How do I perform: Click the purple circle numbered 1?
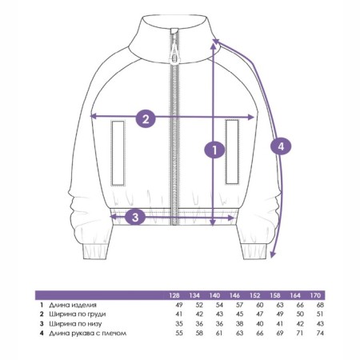[214, 150]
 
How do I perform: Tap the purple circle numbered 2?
[146, 118]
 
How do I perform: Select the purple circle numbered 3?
[135, 217]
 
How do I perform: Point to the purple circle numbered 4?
[281, 146]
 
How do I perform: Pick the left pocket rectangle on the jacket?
[118, 153]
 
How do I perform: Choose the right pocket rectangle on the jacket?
[232, 152]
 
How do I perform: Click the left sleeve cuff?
[95, 251]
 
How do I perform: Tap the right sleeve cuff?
[254, 251]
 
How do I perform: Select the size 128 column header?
[174, 295]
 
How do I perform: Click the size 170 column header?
[315, 295]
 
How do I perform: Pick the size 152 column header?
[255, 295]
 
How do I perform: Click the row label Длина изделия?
[73, 305]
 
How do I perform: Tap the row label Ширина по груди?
[78, 314]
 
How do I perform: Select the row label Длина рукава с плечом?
[87, 334]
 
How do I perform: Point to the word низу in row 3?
[94, 324]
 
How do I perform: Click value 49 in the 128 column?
[179, 305]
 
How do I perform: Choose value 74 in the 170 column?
[320, 334]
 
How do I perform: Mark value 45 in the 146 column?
[239, 314]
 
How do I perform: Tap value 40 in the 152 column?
[259, 324]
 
